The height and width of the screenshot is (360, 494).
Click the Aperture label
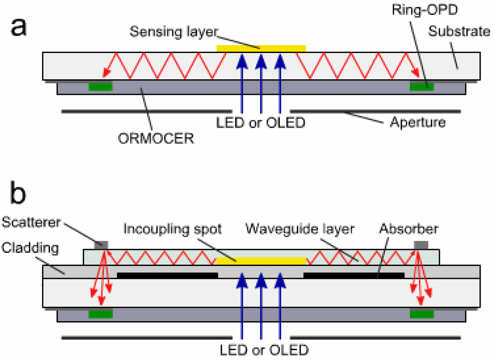pyautogui.click(x=417, y=122)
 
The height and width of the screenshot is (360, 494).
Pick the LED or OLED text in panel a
pyautogui.click(x=261, y=123)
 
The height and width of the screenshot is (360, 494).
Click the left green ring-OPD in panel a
pyautogui.click(x=100, y=87)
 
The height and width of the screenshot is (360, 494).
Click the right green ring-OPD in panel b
pyautogui.click(x=422, y=314)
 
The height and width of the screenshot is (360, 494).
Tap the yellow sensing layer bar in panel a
pyautogui.click(x=261, y=48)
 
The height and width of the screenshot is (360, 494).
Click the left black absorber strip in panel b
pyautogui.click(x=167, y=275)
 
